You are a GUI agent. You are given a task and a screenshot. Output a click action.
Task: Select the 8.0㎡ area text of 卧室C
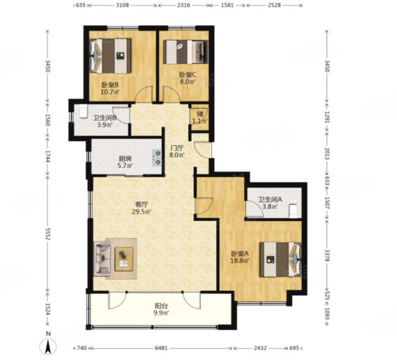click(x=188, y=81)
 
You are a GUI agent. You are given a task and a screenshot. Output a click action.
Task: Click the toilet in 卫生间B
click(x=83, y=112)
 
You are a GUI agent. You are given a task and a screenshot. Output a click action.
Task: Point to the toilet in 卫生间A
click(x=293, y=211)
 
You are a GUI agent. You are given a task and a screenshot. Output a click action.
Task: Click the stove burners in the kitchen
click(x=157, y=158)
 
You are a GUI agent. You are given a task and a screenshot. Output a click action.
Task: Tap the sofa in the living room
click(x=102, y=259)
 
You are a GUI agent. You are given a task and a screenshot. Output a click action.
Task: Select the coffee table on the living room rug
click(x=123, y=259)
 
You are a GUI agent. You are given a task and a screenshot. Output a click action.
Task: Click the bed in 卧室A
click(x=280, y=259)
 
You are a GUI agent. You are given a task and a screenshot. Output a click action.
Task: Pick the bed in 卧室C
click(x=185, y=52)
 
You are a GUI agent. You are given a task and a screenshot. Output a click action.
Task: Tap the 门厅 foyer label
click(x=177, y=148)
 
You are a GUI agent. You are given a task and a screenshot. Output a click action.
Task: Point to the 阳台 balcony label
click(x=161, y=306)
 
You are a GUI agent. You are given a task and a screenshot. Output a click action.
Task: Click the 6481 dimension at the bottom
click(x=161, y=348)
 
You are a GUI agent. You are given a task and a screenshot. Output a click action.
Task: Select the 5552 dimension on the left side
click(x=48, y=233)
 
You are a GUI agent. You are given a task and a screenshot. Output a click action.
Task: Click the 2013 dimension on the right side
click(x=327, y=154)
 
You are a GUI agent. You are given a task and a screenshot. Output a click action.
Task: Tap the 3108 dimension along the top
click(x=122, y=5)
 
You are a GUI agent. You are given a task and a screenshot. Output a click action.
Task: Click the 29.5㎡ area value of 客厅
click(x=142, y=212)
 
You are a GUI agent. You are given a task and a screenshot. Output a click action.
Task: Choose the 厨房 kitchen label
click(x=125, y=159)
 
